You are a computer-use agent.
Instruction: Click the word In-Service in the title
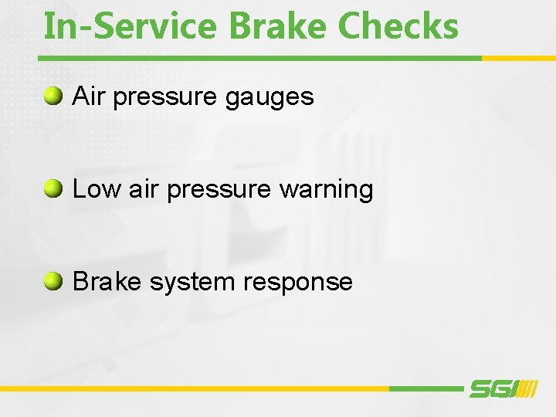pyautogui.click(x=131, y=25)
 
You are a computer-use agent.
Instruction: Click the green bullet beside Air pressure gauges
pyautogui.click(x=53, y=97)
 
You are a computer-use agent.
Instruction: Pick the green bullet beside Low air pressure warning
pyautogui.click(x=53, y=189)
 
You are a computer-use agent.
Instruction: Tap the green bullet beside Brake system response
pyautogui.click(x=53, y=282)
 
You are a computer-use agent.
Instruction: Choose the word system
pyautogui.click(x=192, y=283)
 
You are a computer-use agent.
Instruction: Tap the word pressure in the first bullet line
pyautogui.click(x=166, y=98)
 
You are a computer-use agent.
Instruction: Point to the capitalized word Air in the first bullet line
pyautogui.click(x=87, y=97)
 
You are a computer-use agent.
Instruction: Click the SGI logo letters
pyautogui.click(x=492, y=390)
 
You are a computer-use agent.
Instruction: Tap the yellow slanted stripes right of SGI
pyautogui.click(x=528, y=390)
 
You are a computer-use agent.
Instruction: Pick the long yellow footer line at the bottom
pyautogui.click(x=193, y=388)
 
